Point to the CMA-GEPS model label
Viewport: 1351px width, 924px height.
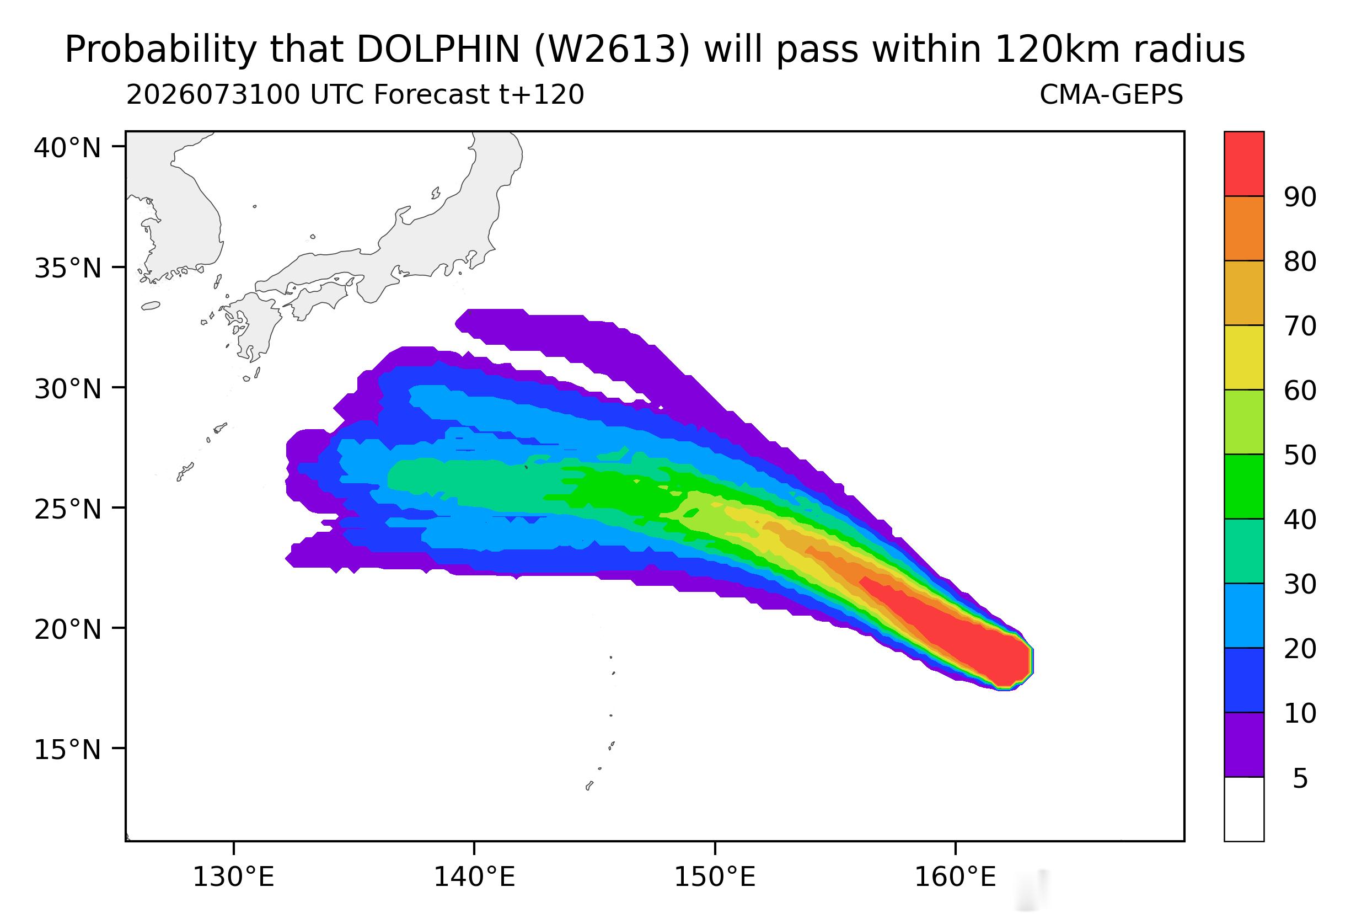click(1111, 95)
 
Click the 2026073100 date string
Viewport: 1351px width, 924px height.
click(213, 95)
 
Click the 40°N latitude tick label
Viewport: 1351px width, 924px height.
click(67, 148)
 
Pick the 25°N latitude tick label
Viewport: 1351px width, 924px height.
click(67, 510)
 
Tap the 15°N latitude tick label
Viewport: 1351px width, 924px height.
click(67, 750)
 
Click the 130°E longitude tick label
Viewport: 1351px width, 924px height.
click(233, 878)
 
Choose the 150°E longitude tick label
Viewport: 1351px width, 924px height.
click(715, 878)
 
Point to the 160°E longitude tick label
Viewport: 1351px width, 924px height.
click(955, 878)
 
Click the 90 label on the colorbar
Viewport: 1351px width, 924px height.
click(1300, 197)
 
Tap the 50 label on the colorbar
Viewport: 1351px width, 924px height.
click(1300, 456)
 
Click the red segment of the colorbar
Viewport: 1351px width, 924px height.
click(1244, 164)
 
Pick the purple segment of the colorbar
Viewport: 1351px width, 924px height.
click(1244, 744)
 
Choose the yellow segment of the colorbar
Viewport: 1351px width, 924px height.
click(1244, 357)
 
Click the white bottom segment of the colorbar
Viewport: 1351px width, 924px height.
click(1244, 809)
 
